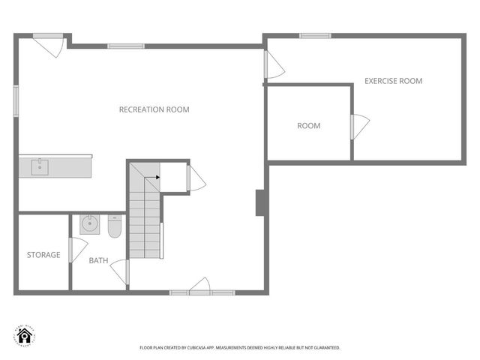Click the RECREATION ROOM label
coord(154,109)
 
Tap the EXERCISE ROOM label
coord(393,81)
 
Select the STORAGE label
coord(43,255)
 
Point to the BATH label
coord(98,261)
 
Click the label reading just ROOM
coord(308,126)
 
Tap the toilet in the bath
coord(114,226)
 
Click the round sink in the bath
coord(90,223)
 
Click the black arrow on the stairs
coord(156,178)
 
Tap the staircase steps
coord(144,217)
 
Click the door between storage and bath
coord(76,250)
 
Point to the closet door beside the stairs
coord(195,178)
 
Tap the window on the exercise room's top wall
coord(314,35)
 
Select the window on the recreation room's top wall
coord(125,46)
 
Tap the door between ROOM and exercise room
coord(358,126)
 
